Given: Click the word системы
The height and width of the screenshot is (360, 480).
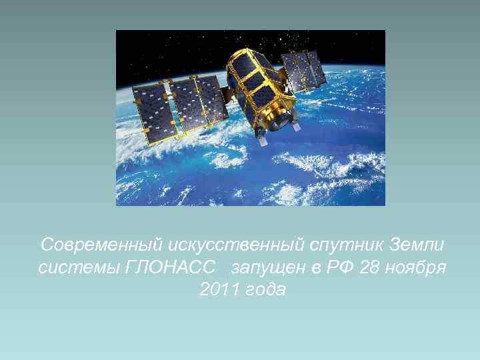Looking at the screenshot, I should point(73,267).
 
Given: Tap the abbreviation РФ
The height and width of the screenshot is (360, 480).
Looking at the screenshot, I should point(337,267).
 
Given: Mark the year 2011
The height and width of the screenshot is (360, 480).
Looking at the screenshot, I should point(217,290).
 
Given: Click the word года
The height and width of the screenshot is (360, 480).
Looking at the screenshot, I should point(263,290).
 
